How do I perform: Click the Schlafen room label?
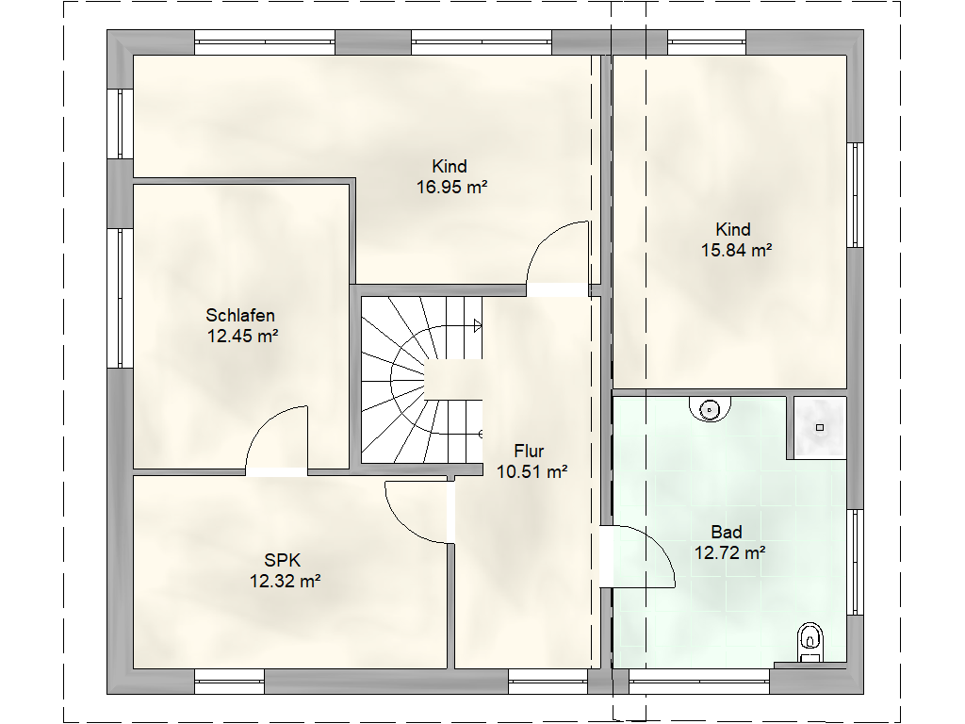click(240, 315)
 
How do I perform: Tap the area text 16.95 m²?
click(452, 187)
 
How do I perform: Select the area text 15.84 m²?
click(737, 250)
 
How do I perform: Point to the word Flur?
click(530, 452)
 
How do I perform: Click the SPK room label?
click(283, 560)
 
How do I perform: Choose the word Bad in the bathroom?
click(727, 532)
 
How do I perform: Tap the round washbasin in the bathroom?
click(711, 409)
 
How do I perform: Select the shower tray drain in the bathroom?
click(820, 427)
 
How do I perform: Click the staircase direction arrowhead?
click(478, 325)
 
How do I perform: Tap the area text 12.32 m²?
click(285, 581)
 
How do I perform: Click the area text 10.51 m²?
click(532, 471)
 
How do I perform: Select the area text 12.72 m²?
click(730, 552)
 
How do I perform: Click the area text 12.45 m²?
click(242, 336)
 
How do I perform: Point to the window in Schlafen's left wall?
click(121, 299)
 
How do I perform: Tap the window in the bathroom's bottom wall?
click(699, 682)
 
